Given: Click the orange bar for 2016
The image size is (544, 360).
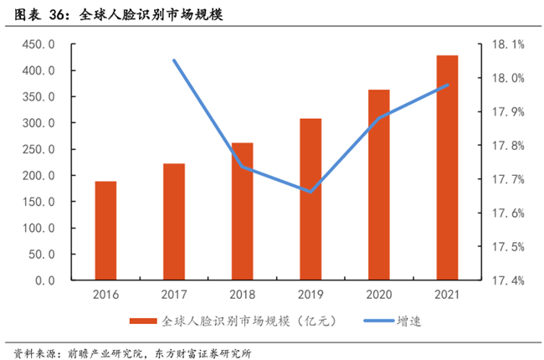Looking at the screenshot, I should click(x=105, y=230).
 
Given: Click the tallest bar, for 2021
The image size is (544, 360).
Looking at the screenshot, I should click(x=447, y=167).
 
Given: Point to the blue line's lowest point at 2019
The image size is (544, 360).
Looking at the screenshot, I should click(x=310, y=192).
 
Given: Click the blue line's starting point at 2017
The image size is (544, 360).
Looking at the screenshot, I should click(x=174, y=60).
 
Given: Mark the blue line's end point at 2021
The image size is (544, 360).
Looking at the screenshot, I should click(x=447, y=85).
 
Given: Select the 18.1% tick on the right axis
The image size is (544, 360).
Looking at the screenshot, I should click(x=506, y=44).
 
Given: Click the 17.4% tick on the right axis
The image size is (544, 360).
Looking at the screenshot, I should click(x=506, y=280).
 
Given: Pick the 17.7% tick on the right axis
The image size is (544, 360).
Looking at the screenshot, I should click(x=506, y=179).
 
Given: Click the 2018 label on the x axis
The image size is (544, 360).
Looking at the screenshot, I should click(x=243, y=295).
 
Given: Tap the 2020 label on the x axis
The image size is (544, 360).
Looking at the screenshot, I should click(x=379, y=295).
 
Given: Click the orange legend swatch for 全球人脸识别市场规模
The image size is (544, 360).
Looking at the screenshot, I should click(x=143, y=321).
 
